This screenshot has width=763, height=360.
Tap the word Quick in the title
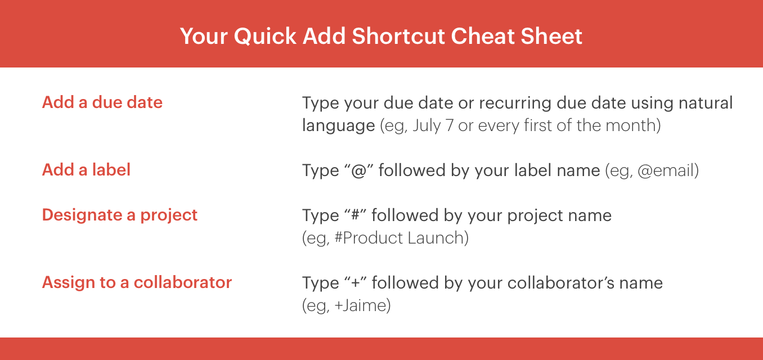coord(265,37)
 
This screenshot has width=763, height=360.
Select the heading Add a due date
coord(102,102)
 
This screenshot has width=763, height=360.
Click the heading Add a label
coord(86,170)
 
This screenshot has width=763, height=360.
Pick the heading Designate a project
coord(119,215)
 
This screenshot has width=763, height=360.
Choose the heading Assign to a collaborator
coord(137,283)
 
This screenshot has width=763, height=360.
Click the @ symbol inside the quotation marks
coord(358,170)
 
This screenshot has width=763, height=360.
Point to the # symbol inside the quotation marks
coord(355,215)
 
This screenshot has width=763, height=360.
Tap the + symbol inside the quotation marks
coord(356,283)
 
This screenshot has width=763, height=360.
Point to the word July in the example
coord(427,126)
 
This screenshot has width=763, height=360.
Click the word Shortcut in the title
coord(399,36)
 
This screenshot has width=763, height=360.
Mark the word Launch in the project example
coord(436,238)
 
